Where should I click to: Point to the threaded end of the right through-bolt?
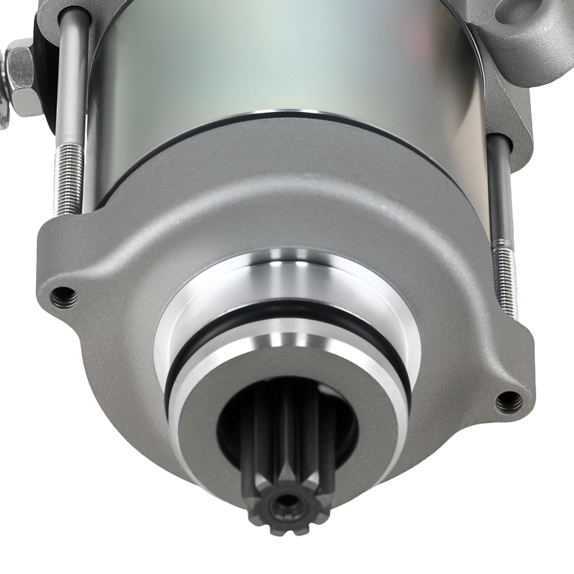506,281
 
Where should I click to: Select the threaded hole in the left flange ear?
64,297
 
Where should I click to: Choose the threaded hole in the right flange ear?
509,402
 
